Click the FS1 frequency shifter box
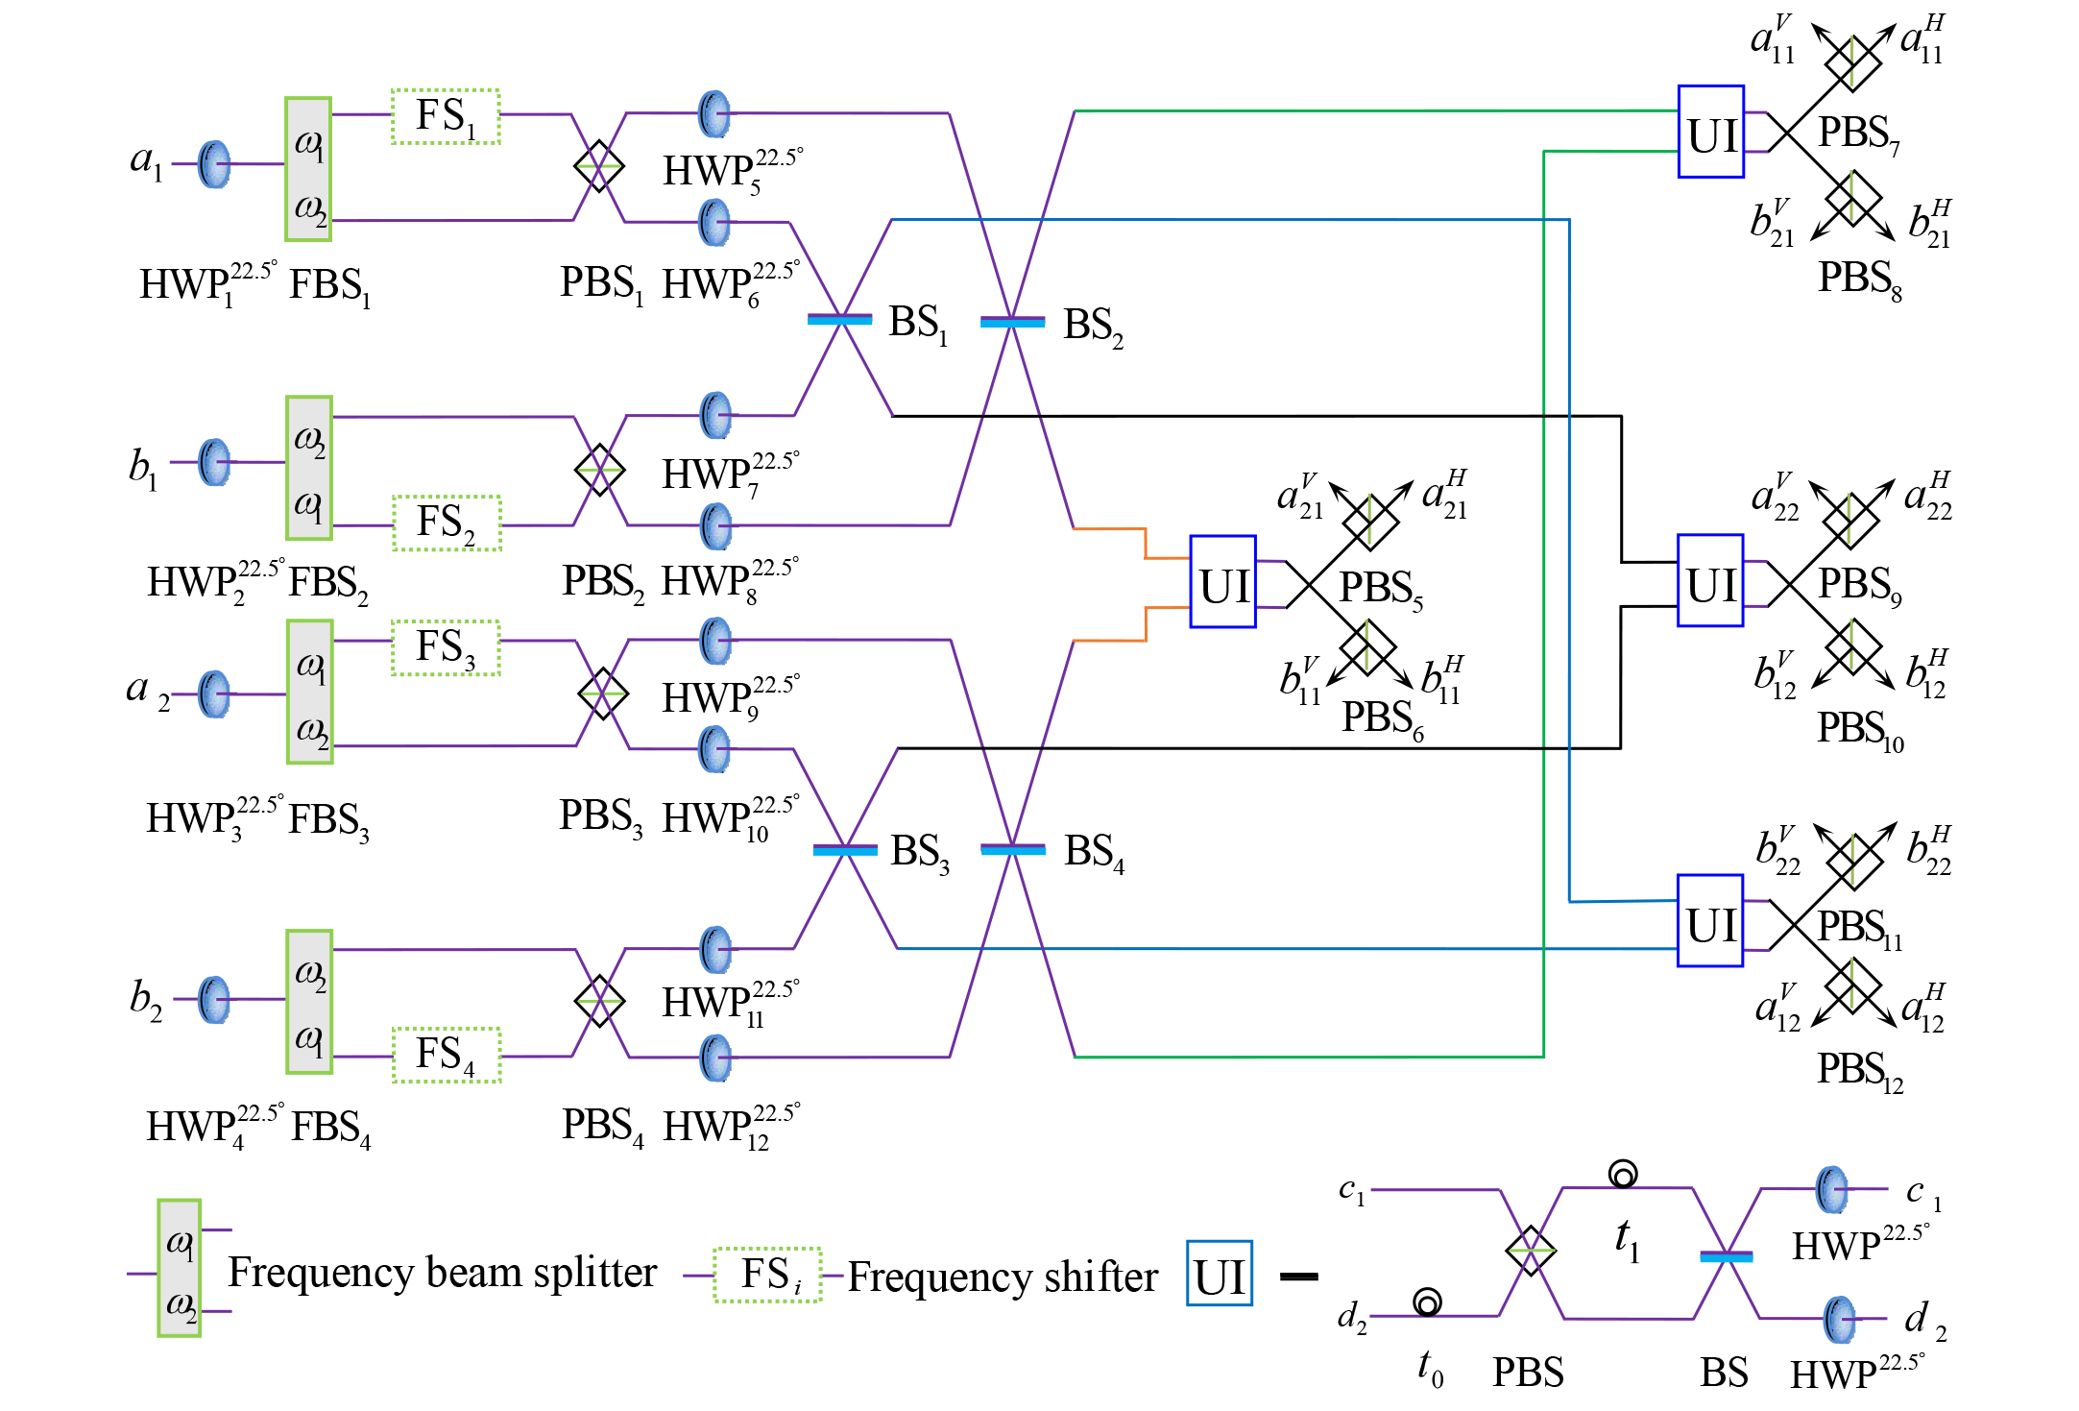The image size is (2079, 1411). pyautogui.click(x=446, y=116)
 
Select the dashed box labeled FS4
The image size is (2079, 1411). pyautogui.click(x=447, y=1055)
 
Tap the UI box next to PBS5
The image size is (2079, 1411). pyautogui.click(x=1222, y=582)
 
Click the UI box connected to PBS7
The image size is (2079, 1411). pyautogui.click(x=1710, y=132)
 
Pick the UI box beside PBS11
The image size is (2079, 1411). pyautogui.click(x=1709, y=920)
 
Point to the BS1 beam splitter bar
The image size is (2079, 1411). pyautogui.click(x=839, y=319)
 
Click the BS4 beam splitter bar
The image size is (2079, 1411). pyautogui.click(x=1012, y=849)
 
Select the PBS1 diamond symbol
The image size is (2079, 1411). pyautogui.click(x=598, y=166)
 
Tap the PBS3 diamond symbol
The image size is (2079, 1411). pyautogui.click(x=602, y=693)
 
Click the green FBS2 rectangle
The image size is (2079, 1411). pyautogui.click(x=309, y=468)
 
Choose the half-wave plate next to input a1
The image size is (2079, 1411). pyautogui.click(x=214, y=164)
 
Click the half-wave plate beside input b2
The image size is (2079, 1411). pyautogui.click(x=214, y=1000)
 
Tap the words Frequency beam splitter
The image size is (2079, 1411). pyautogui.click(x=442, y=1273)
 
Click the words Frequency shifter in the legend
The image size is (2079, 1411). pyautogui.click(x=1003, y=1277)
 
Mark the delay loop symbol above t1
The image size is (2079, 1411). pyautogui.click(x=1623, y=1174)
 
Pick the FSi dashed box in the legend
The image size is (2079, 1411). pyautogui.click(x=767, y=1275)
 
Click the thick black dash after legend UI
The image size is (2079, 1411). pyautogui.click(x=1298, y=1277)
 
